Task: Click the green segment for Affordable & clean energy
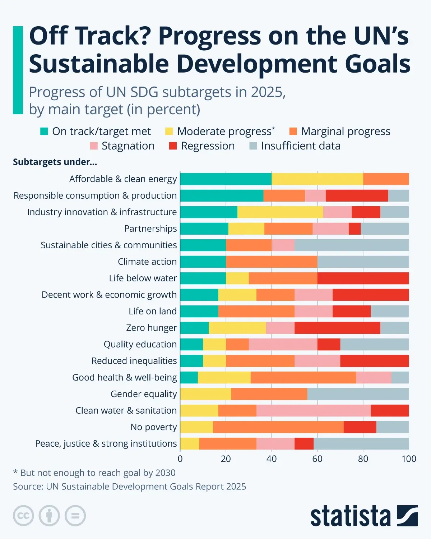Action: pyautogui.click(x=226, y=179)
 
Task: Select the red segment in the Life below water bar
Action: pyautogui.click(x=363, y=278)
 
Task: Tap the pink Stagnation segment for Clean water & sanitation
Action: pyautogui.click(x=313, y=410)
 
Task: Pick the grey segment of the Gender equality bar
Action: pyautogui.click(x=358, y=394)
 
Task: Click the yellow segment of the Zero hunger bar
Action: pyautogui.click(x=237, y=328)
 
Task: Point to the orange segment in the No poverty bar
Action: pyautogui.click(x=278, y=427)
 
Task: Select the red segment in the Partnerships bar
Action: pyautogui.click(x=354, y=229)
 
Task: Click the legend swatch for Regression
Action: pyautogui.click(x=173, y=146)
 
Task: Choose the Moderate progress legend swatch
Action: pyautogui.click(x=169, y=132)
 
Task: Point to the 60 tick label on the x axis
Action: pyautogui.click(x=317, y=459)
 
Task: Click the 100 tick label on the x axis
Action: pyautogui.click(x=409, y=459)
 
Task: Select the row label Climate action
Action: pyautogui.click(x=147, y=262)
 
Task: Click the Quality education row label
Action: pyautogui.click(x=140, y=344)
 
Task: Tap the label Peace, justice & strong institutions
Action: pyautogui.click(x=106, y=443)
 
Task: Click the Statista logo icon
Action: pyautogui.click(x=407, y=516)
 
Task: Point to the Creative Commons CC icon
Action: pyautogui.click(x=23, y=516)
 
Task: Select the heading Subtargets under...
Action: pyautogui.click(x=55, y=162)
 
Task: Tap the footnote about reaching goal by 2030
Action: pyautogui.click(x=94, y=473)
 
